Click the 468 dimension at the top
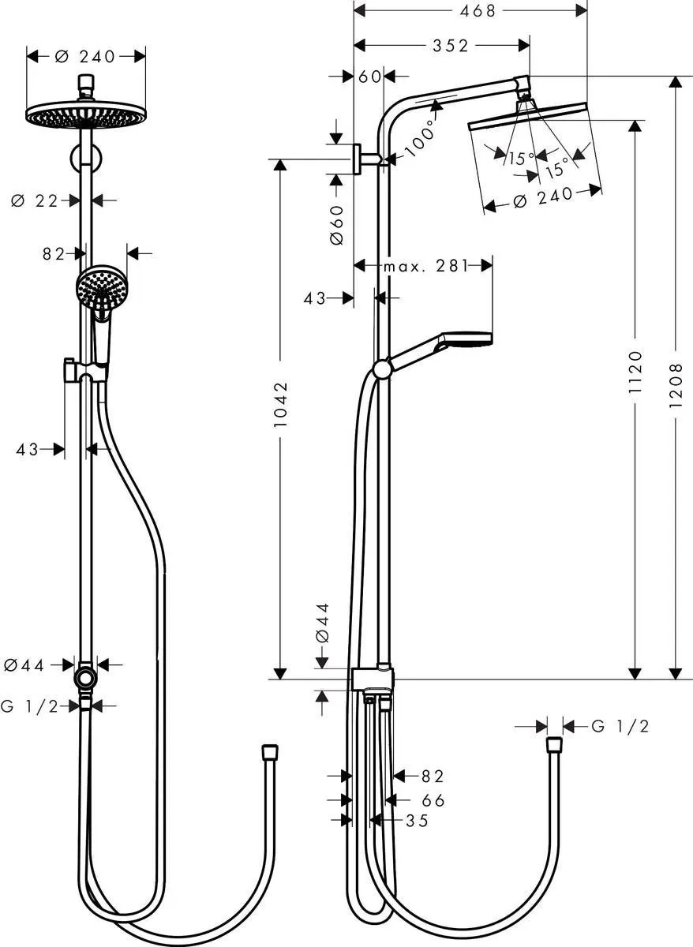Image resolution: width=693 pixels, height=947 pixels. (470, 10)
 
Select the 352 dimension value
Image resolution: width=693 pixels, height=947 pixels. (450, 46)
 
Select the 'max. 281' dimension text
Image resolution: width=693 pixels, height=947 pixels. (425, 266)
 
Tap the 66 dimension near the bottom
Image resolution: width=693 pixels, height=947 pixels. (433, 800)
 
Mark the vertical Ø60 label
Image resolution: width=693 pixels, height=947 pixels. (337, 225)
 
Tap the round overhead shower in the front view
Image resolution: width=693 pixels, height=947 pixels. (86, 116)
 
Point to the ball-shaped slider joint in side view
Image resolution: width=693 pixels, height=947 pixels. (382, 369)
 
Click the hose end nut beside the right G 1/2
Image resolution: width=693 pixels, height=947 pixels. (554, 744)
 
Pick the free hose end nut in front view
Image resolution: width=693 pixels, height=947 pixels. (269, 750)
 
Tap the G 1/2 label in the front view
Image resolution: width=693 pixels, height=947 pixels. (29, 706)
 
